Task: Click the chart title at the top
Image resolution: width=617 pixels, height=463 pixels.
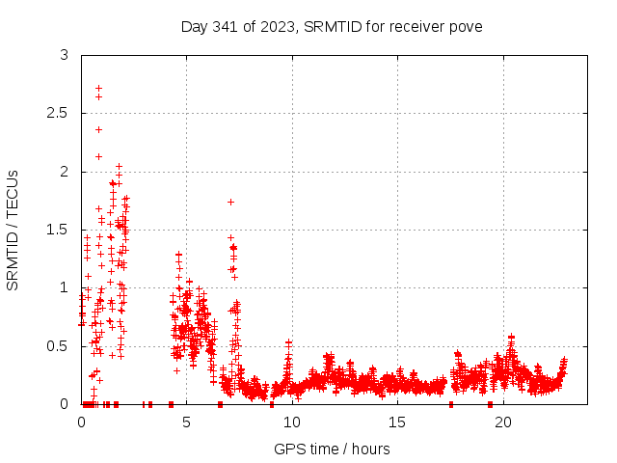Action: tap(332, 26)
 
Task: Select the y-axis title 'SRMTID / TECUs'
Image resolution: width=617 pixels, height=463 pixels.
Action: tap(13, 229)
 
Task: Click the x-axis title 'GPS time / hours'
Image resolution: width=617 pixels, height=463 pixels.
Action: tap(332, 449)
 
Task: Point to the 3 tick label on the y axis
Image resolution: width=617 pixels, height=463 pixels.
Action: tap(65, 56)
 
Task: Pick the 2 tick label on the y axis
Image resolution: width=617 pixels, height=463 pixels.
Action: tap(65, 172)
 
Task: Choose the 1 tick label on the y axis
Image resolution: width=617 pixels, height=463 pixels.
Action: tap(65, 287)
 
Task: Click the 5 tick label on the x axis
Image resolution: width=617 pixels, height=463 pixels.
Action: tap(186, 422)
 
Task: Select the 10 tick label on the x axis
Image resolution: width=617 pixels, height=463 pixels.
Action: tap(292, 422)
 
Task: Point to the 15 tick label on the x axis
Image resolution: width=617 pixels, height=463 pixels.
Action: tap(397, 422)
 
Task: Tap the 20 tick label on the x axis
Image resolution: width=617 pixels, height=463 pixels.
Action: tap(503, 422)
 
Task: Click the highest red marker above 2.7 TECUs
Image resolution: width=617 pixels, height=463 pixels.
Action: tap(98, 88)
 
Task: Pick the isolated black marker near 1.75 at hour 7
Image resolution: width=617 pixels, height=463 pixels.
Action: tap(230, 202)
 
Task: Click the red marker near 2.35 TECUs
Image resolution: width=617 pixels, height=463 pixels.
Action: tap(98, 129)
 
